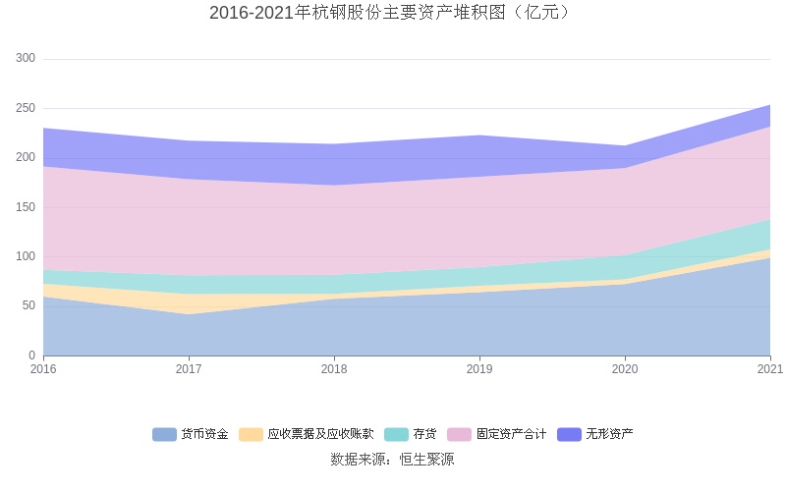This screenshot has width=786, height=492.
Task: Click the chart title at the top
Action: (392, 13)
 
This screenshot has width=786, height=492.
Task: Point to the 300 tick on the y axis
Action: (26, 59)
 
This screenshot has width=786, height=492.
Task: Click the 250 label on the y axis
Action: (26, 108)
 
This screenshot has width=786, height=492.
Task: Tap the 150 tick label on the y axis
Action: (26, 207)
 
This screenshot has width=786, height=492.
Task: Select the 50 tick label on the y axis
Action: (28, 305)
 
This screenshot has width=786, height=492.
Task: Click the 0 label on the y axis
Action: (31, 355)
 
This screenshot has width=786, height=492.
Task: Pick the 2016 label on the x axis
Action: (43, 369)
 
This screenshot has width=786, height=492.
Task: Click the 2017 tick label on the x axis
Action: (189, 369)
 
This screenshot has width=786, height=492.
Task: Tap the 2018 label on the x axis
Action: (334, 369)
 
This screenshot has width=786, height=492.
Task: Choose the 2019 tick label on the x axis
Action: (479, 369)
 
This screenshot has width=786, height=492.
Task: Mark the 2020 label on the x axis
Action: (625, 369)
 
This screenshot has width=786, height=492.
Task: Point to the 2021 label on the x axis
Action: (769, 369)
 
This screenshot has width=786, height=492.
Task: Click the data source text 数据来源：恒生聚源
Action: (392, 459)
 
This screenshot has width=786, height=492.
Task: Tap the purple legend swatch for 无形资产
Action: (570, 434)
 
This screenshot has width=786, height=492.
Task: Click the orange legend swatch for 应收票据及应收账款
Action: (251, 434)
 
